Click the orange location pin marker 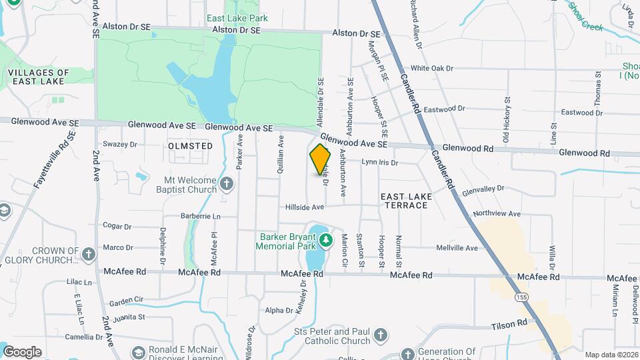click(321, 159)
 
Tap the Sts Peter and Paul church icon click(380, 335)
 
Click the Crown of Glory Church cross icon click(88, 254)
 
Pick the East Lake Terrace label click(405, 201)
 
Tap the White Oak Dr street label click(431, 68)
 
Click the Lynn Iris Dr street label click(379, 162)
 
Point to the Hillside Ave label click(305, 208)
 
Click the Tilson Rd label click(509, 324)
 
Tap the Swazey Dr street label click(119, 143)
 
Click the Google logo click(23, 351)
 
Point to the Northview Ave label click(495, 213)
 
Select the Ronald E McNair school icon click(139, 352)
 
